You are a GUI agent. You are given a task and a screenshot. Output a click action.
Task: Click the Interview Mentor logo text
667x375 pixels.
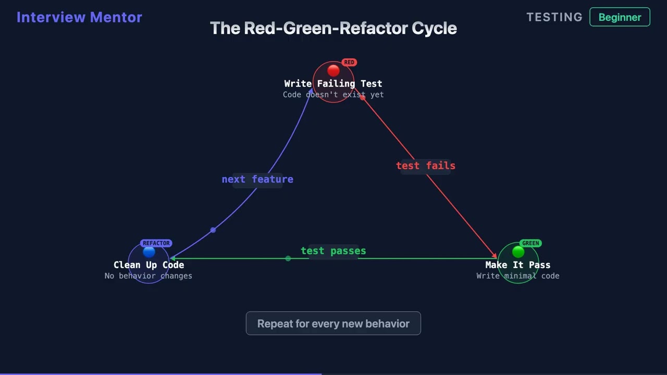(79, 17)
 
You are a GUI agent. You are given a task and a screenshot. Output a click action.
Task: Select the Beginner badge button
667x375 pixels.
(620, 17)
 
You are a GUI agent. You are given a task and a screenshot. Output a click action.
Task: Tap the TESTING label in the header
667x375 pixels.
(554, 17)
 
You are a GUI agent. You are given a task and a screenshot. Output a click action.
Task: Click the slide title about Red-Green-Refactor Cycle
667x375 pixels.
(333, 28)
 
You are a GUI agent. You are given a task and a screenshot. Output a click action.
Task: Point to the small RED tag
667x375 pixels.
(349, 63)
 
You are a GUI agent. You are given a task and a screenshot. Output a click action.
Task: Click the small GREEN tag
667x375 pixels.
(530, 243)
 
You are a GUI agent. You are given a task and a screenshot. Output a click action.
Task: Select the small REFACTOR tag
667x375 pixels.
(156, 243)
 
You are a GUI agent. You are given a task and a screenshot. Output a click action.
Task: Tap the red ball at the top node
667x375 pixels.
(333, 70)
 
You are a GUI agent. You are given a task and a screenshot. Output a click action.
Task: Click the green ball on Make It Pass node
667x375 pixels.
(518, 252)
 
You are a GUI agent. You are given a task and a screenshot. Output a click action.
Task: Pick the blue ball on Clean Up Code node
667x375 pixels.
(149, 252)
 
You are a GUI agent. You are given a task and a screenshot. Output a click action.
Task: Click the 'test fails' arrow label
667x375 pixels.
(426, 166)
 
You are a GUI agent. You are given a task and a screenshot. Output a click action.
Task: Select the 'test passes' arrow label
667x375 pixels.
(333, 251)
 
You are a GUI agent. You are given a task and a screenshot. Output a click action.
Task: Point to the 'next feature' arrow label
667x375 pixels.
(257, 179)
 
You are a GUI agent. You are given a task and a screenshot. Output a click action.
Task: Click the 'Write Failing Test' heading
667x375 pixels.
(333, 83)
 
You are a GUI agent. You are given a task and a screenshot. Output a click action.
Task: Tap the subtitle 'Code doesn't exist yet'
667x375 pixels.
(333, 95)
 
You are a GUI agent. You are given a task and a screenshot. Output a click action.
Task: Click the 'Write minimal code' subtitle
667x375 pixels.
(517, 276)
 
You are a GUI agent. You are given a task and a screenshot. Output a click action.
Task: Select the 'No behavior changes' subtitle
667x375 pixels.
(149, 276)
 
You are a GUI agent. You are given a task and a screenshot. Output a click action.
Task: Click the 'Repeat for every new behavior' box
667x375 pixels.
(333, 323)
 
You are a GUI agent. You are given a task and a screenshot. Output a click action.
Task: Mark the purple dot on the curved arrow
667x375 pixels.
(213, 230)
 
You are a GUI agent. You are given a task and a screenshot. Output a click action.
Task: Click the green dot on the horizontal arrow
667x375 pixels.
(288, 258)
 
